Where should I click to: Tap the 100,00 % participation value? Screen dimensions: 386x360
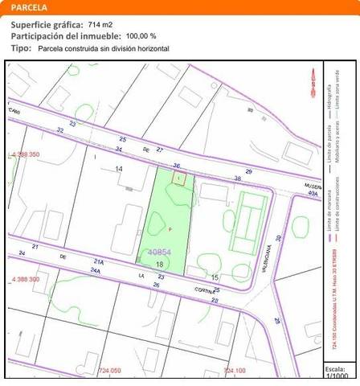141,36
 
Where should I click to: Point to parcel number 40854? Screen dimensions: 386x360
160,252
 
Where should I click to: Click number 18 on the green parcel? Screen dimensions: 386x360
160,264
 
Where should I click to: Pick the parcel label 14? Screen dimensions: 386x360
119,168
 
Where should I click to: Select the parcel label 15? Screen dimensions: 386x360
215,277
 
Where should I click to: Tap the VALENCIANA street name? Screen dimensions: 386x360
261,261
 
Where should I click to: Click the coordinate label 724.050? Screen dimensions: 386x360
109,370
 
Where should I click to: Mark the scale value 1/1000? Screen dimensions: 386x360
339,376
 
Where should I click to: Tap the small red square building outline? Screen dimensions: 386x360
179,179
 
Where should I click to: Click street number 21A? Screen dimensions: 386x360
98,261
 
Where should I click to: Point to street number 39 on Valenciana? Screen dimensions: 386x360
278,238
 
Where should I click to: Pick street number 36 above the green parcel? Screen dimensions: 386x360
176,166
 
